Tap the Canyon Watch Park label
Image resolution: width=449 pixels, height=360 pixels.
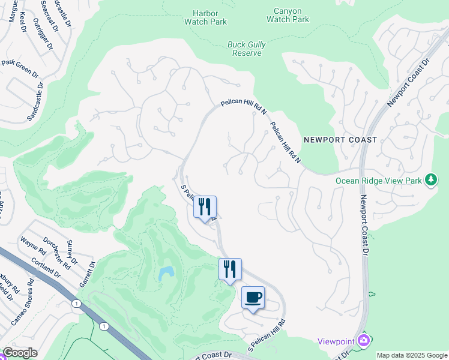[x=288, y=15]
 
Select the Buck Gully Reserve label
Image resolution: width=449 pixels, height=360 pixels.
[x=246, y=49]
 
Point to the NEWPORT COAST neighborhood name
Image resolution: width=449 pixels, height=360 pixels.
[x=340, y=140]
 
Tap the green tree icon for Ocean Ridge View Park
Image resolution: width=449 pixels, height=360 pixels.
[x=430, y=179]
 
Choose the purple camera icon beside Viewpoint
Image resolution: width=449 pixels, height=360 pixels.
[x=363, y=341]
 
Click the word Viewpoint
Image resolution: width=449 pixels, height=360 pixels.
[x=336, y=341]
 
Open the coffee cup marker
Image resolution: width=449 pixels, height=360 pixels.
[x=253, y=297]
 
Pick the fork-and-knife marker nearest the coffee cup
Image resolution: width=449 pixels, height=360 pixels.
[x=230, y=269]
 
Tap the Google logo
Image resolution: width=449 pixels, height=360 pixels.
[x=20, y=353]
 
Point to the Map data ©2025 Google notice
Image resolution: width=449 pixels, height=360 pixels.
[x=412, y=355]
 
